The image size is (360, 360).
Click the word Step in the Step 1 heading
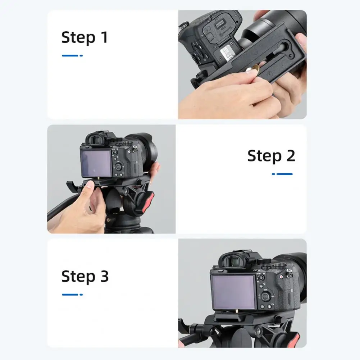click(x=78, y=37)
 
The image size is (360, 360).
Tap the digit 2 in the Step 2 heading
click(x=291, y=156)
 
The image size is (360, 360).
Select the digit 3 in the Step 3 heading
click(x=104, y=276)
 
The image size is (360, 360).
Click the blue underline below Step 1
click(x=72, y=55)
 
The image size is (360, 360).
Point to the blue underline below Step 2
click(x=282, y=174)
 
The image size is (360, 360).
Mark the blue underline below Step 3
click(x=72, y=295)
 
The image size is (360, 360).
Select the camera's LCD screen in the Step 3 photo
click(x=233, y=292)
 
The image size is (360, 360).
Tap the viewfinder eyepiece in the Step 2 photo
click(x=95, y=140)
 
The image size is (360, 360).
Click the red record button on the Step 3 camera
click(x=281, y=277)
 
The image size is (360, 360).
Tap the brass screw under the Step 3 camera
click(x=237, y=311)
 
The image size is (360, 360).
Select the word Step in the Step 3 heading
click(x=78, y=276)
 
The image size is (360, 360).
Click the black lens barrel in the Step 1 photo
click(x=275, y=25)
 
